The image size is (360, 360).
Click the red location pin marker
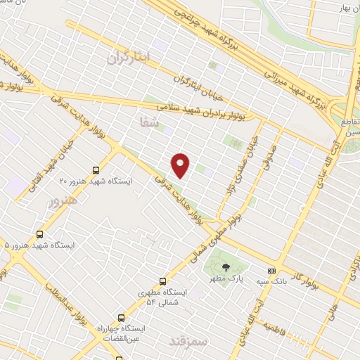click(x=181, y=165)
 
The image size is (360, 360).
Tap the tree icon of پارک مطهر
click(x=226, y=266)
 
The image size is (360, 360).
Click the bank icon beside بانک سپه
click(x=271, y=271)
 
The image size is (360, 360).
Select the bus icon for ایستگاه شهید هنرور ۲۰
click(x=96, y=170)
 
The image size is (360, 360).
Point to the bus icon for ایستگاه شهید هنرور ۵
click(x=39, y=234)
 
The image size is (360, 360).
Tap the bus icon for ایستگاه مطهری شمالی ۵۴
click(x=163, y=282)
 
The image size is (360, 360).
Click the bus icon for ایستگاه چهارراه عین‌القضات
click(x=122, y=317)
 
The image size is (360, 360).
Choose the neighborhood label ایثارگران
click(x=129, y=59)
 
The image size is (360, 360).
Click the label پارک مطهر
click(x=226, y=278)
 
